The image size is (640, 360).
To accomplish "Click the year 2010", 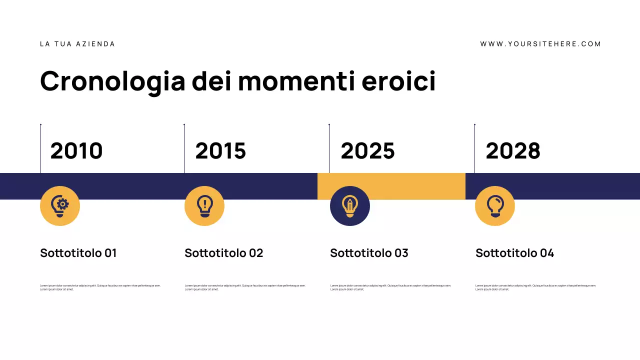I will [76, 151].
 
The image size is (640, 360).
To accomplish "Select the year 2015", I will [220, 151].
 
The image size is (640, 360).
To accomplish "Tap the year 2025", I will [367, 151].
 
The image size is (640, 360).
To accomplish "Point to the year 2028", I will [513, 151].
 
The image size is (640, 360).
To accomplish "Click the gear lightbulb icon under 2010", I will [60, 206].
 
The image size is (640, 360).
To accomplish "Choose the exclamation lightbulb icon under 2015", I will [204, 206].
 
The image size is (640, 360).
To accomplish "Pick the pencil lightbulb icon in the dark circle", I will [350, 206].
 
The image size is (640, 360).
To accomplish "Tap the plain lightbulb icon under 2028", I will [495, 206].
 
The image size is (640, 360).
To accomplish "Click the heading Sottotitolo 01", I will [78, 253].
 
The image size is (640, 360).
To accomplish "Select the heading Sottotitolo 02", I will [223, 253].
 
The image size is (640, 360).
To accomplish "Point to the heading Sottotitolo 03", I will [369, 253].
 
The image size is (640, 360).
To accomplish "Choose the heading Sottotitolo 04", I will [514, 253].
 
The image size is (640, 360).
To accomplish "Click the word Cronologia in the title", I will [112, 81].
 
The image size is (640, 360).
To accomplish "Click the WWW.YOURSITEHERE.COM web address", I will [540, 44].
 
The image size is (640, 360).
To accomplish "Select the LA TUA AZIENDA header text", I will [77, 44].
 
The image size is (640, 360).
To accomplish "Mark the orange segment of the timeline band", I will [391, 186].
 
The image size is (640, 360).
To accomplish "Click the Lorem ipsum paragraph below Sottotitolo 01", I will [100, 287].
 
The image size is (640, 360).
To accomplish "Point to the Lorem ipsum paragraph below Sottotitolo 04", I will [535, 287].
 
